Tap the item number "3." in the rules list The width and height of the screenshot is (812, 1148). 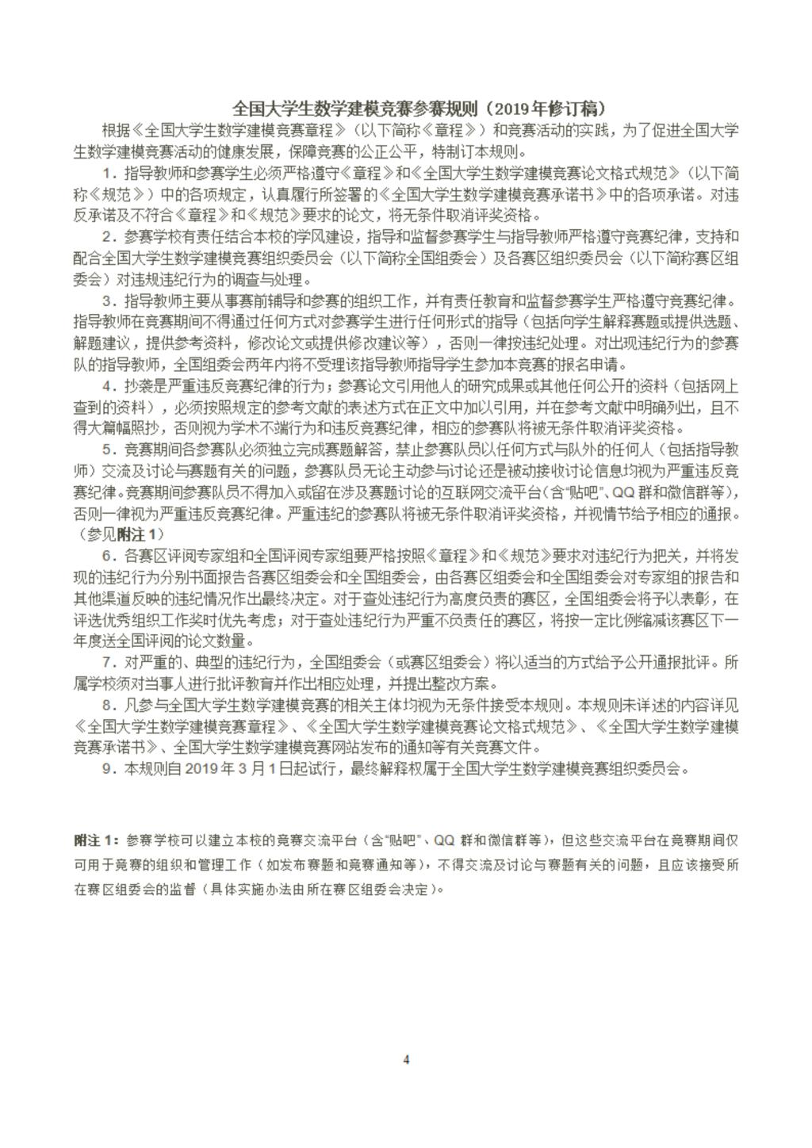pyautogui.click(x=109, y=301)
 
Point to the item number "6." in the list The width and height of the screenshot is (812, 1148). pyautogui.click(x=109, y=555)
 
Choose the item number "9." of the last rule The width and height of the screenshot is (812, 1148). pyautogui.click(x=109, y=768)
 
